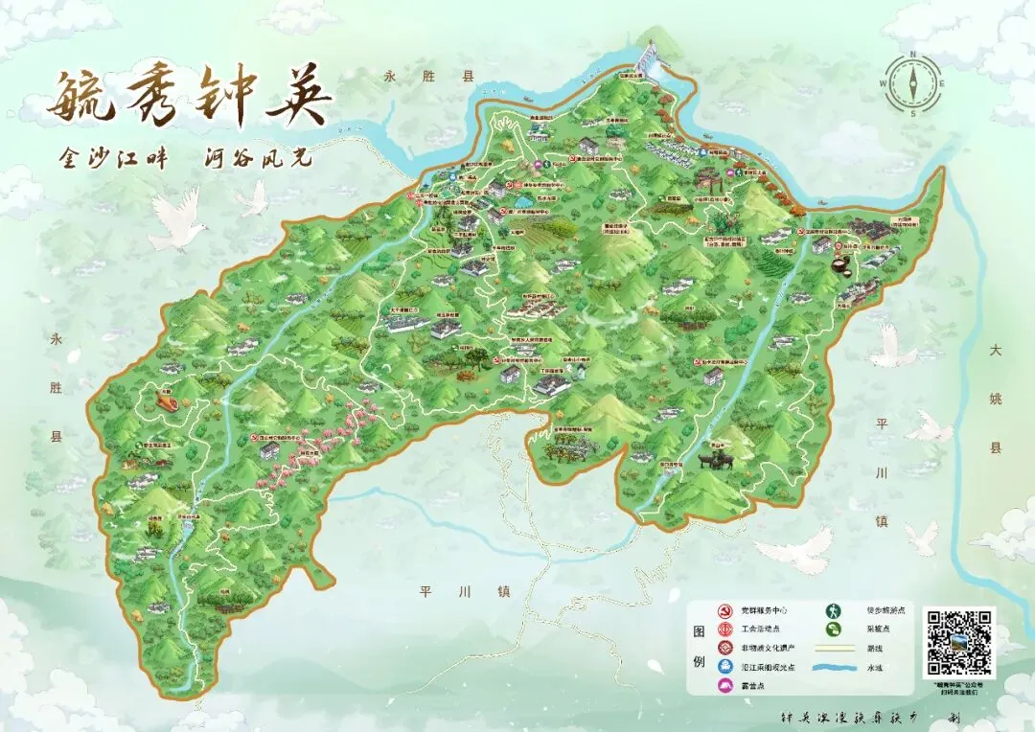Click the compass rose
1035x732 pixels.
(x=913, y=82)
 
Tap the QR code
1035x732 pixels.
(x=959, y=643)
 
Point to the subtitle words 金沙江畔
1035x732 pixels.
(x=113, y=158)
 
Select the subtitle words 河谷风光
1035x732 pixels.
(x=259, y=158)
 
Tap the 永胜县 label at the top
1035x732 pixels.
(x=415, y=76)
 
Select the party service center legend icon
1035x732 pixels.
(x=726, y=609)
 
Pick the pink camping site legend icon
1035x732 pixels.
(x=726, y=685)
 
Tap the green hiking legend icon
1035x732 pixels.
(x=835, y=609)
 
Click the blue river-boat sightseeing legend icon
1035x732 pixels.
(x=726, y=667)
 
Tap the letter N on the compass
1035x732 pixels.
(x=913, y=55)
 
